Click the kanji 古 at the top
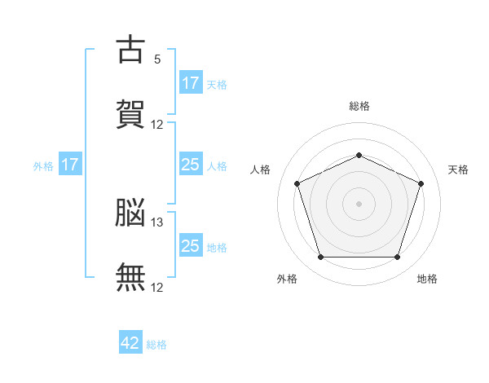131,50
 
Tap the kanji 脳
131,214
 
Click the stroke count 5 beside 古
157,59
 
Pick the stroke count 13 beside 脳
157,222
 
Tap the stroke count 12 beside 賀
157,125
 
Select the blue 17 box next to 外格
70,165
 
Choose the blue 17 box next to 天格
190,83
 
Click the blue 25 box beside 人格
190,165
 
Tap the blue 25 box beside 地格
190,246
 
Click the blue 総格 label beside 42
156,345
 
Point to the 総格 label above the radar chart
359,106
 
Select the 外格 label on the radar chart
287,279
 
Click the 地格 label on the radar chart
427,279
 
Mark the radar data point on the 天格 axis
421,183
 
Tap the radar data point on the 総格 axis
359,156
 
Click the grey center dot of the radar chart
359,203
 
